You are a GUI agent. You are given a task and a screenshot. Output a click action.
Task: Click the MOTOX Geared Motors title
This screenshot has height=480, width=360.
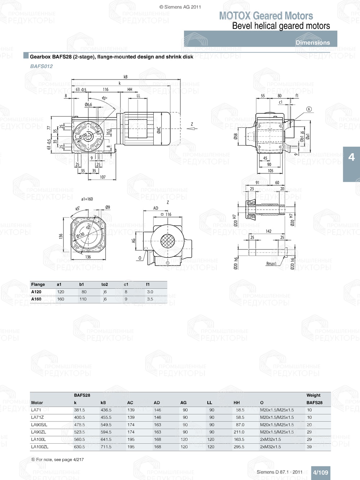click(x=266, y=16)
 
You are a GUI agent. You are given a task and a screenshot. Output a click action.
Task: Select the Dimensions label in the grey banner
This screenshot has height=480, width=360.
click(x=312, y=42)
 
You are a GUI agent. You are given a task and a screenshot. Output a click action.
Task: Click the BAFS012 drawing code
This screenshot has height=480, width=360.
click(x=41, y=66)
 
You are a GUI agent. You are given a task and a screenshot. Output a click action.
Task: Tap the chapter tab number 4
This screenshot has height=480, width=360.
click(x=351, y=157)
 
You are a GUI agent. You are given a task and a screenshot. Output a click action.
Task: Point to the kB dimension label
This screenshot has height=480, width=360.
click(x=125, y=77)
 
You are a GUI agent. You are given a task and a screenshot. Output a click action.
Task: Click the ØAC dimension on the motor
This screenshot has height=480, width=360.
click(x=159, y=130)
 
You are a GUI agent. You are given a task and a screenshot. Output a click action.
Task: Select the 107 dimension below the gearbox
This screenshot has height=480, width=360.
click(x=103, y=177)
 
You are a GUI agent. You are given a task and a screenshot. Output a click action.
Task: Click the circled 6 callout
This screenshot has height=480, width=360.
click(x=309, y=109)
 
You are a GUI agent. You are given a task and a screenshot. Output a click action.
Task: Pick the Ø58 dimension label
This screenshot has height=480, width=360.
click(x=235, y=137)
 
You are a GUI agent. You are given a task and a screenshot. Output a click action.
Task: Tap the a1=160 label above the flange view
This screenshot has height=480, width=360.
click(x=87, y=199)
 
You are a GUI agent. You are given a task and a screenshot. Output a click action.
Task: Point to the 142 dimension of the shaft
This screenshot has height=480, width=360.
click(x=269, y=231)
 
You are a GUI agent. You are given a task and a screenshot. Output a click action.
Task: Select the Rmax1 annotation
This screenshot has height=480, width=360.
click(x=271, y=264)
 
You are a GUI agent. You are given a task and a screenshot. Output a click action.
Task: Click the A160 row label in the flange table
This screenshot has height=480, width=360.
click(x=36, y=299)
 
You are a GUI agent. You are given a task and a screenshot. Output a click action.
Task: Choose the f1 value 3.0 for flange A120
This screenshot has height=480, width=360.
click(x=150, y=292)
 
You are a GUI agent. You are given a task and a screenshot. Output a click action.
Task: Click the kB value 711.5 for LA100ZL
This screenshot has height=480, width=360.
click(x=106, y=447)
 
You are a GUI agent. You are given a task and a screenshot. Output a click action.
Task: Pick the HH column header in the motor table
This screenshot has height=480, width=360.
click(x=237, y=403)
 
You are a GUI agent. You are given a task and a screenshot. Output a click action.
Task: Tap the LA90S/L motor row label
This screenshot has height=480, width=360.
click(x=39, y=425)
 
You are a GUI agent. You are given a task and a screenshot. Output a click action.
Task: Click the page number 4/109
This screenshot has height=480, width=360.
click(x=320, y=472)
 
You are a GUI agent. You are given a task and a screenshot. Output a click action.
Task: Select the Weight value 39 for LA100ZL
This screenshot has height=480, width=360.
click(x=309, y=447)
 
